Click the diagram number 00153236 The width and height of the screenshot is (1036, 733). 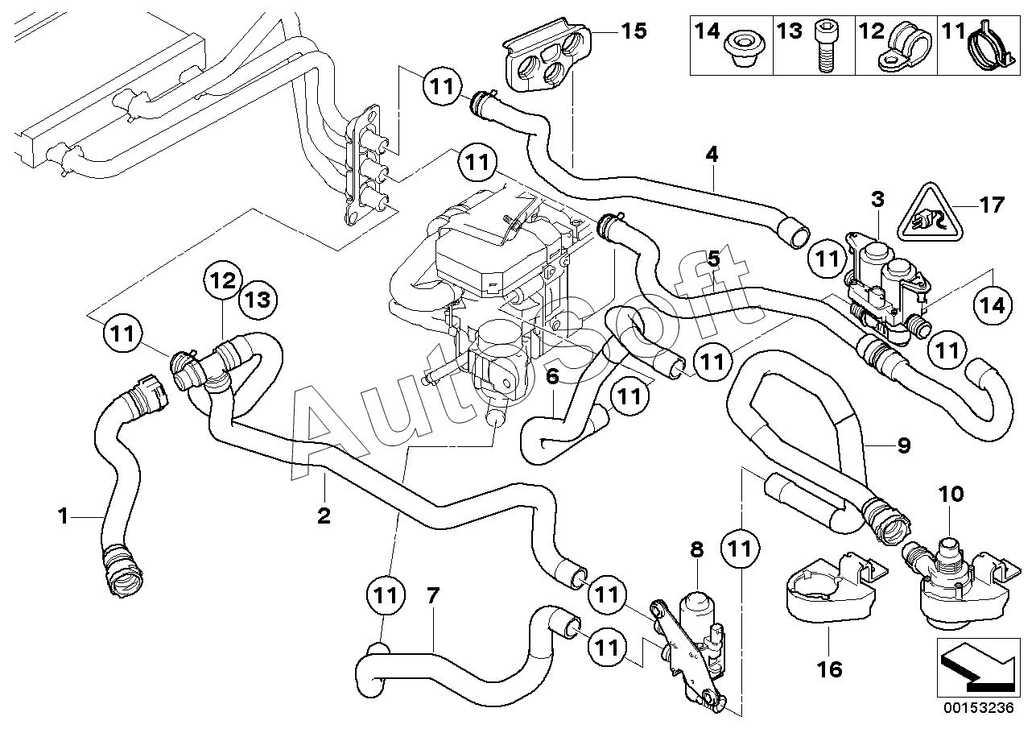click(x=978, y=708)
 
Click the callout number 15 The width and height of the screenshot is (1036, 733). click(x=634, y=31)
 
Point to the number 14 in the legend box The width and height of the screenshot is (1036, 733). click(x=708, y=31)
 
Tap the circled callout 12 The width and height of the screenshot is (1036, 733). click(x=224, y=280)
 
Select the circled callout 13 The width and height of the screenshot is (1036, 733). click(x=258, y=300)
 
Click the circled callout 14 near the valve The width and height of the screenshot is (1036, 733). click(x=993, y=305)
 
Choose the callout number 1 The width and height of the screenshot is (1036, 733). click(x=64, y=516)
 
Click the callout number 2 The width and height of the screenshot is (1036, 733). click(x=324, y=515)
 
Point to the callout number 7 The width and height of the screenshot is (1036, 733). click(x=432, y=595)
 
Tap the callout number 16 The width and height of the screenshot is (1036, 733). click(x=829, y=669)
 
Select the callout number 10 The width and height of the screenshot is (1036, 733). click(x=951, y=494)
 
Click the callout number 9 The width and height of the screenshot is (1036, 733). click(x=904, y=445)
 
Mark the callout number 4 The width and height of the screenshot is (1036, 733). click(x=712, y=154)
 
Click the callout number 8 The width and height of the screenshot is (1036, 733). click(x=696, y=549)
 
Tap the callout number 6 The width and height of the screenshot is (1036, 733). click(x=552, y=377)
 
